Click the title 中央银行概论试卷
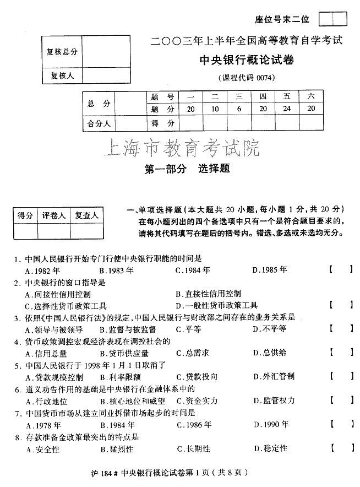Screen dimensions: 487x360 click(246, 61)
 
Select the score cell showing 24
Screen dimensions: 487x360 click(287, 109)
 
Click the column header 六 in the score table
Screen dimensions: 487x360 click(312, 96)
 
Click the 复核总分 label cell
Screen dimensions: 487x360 click(62, 51)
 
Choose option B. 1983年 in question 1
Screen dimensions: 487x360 click(116, 270)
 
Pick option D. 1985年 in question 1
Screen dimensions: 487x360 click(270, 270)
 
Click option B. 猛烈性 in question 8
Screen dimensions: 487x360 click(116, 448)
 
